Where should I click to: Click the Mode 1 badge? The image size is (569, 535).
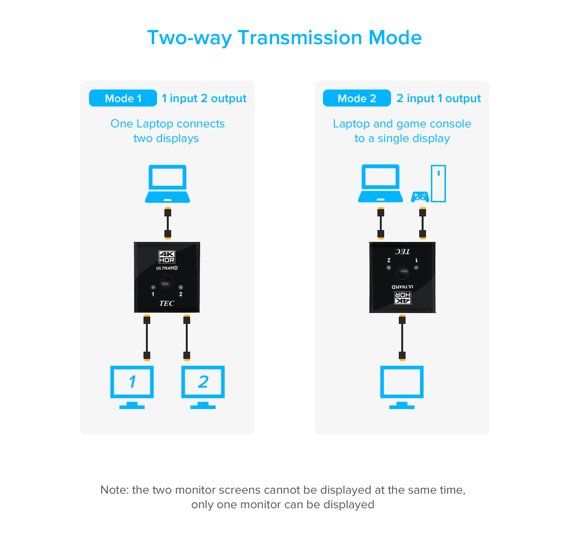coord(123,98)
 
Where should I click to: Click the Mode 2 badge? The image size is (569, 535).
coord(356,98)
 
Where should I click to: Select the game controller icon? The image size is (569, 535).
coord(420,197)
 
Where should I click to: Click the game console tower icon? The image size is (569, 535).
coord(438,183)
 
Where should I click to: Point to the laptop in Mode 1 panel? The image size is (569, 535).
coord(168,183)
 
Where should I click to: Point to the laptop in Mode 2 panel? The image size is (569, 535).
coord(380,183)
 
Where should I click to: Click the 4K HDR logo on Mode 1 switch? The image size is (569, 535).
coord(167,257)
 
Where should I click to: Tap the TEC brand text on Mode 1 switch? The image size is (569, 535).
coord(166,303)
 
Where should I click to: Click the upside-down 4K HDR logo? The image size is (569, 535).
coord(403,298)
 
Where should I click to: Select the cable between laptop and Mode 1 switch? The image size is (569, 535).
coord(168,223)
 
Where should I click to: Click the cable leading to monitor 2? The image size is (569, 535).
coord(187,338)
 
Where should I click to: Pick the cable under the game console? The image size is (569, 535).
coord(423,223)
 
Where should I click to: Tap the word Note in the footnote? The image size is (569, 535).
coord(114,490)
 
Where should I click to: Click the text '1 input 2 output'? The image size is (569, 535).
coord(204,98)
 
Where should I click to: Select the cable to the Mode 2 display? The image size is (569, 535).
coord(402,338)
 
